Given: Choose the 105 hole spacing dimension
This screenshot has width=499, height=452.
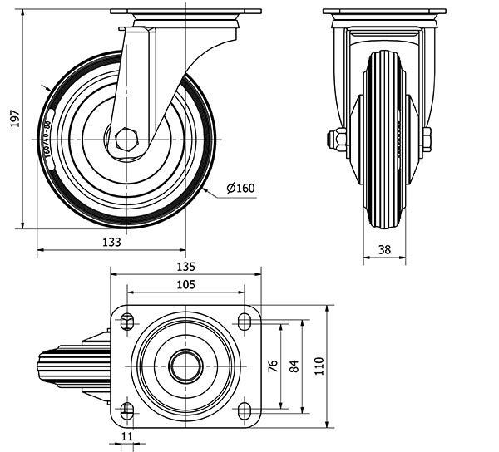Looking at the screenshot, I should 185,285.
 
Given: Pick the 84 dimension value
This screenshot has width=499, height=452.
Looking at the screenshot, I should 293,366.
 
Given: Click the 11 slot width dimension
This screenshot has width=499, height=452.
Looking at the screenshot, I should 126,435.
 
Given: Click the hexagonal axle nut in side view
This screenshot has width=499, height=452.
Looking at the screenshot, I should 126,139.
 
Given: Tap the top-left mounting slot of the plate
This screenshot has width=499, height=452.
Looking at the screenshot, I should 127,320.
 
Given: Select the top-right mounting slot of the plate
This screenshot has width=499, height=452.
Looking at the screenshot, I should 245,320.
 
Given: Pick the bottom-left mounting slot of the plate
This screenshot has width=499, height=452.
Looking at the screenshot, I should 127,410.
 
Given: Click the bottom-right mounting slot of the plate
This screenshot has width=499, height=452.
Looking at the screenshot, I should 245,410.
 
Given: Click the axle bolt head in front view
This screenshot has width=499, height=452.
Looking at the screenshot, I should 338,139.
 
